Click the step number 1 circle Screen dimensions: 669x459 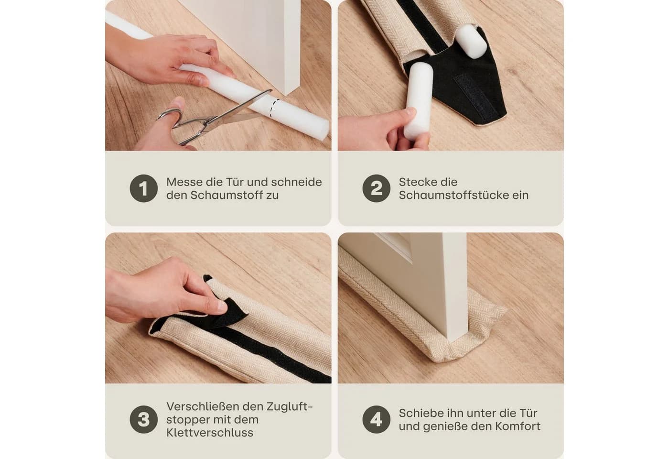point(144,188)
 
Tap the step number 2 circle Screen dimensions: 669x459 point(377,188)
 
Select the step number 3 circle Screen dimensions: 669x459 point(144,420)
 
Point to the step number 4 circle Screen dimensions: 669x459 point(377,420)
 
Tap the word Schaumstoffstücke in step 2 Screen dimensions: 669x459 point(451,195)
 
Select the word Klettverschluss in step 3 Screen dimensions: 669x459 point(210,433)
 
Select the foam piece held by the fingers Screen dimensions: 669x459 point(418,101)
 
